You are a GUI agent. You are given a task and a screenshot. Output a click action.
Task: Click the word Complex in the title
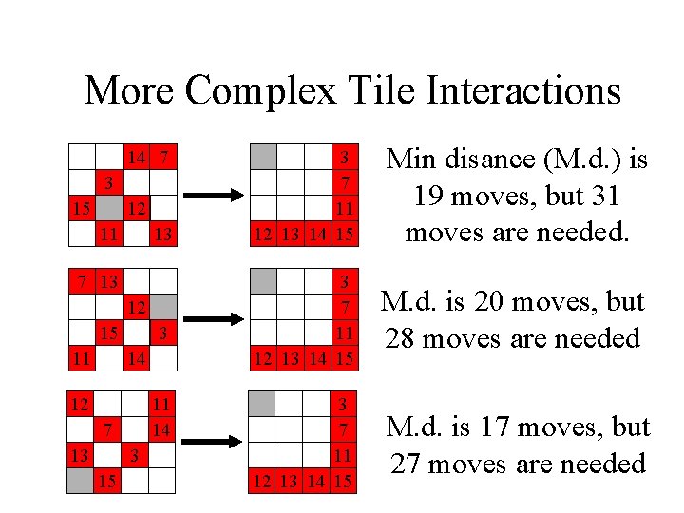coord(261,91)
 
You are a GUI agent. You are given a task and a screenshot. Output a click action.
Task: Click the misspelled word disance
coord(485,161)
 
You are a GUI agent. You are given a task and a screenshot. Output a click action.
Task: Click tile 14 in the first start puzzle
coord(137,156)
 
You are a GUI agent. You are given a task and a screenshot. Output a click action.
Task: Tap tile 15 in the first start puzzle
coord(82,208)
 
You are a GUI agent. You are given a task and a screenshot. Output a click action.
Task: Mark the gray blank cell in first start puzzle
coord(109,208)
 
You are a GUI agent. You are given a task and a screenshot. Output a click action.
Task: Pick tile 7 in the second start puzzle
coord(84,281)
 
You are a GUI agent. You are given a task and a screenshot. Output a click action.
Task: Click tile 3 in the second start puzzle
coord(164,333)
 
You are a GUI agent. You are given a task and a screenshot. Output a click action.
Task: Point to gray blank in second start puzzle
coord(164,307)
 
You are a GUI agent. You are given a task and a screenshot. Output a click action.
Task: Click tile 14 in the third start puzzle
coord(162,430)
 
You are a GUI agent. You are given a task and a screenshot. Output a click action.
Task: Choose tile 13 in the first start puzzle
coord(164,234)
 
